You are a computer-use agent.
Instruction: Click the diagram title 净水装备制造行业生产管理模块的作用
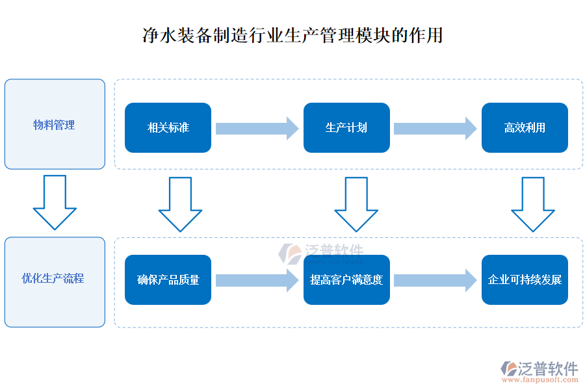click(x=292, y=34)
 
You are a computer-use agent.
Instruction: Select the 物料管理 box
click(x=55, y=124)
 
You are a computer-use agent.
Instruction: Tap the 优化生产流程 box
click(x=55, y=281)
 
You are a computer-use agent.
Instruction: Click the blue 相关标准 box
click(x=168, y=127)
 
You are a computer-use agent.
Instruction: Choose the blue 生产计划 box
click(x=346, y=127)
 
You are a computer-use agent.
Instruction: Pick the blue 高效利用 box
click(x=525, y=127)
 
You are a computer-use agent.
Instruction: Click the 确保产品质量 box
click(x=168, y=279)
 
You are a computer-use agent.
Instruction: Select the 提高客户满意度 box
click(x=346, y=279)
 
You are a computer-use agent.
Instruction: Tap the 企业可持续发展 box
click(x=525, y=279)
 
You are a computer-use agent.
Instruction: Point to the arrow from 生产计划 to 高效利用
click(x=435, y=127)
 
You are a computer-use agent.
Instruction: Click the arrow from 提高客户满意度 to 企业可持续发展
click(x=435, y=279)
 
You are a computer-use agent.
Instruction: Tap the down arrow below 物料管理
click(x=55, y=201)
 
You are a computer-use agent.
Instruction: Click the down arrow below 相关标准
click(x=180, y=204)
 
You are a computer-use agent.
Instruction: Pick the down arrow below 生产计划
click(x=356, y=204)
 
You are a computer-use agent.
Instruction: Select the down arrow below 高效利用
click(x=533, y=204)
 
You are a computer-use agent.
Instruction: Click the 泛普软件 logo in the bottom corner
click(x=539, y=368)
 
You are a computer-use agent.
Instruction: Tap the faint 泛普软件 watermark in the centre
click(x=322, y=252)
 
